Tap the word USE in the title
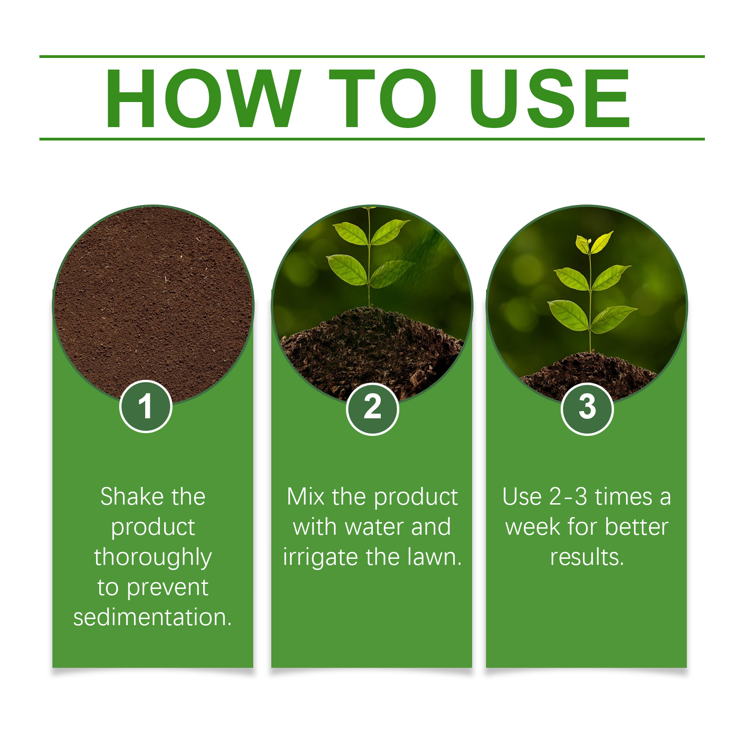550,98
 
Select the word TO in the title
383,98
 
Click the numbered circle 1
146,406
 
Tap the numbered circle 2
372,409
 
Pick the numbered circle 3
587,409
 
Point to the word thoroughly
153,557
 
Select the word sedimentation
152,618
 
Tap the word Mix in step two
306,497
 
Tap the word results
587,557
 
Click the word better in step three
637,527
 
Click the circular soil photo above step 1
154,304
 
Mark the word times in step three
624,497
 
